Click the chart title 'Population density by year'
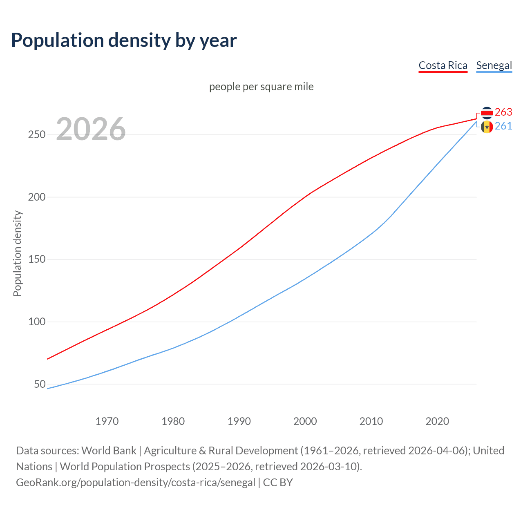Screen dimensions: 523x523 point(124,40)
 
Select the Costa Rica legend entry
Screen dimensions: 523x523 point(443,65)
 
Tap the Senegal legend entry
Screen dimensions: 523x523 point(494,65)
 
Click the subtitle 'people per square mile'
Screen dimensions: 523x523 point(261,87)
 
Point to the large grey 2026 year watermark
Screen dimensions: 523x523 point(91,129)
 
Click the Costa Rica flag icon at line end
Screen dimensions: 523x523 point(487,112)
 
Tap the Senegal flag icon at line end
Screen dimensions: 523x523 point(487,127)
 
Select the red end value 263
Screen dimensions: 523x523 point(503,112)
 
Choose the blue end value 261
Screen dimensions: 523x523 point(503,126)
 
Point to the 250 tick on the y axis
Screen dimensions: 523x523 point(37,134)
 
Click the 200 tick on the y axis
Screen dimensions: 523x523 point(37,197)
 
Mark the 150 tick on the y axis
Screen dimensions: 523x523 point(37,259)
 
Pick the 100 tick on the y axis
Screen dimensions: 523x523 point(37,322)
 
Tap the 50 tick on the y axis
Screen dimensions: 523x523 point(40,384)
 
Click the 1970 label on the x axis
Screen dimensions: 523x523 point(107,421)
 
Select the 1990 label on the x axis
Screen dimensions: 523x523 point(239,421)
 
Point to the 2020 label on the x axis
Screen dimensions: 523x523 point(437,421)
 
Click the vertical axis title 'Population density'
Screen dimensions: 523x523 point(17,253)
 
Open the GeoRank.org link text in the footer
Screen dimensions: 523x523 point(136,483)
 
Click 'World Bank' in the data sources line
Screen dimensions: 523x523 point(109,451)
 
